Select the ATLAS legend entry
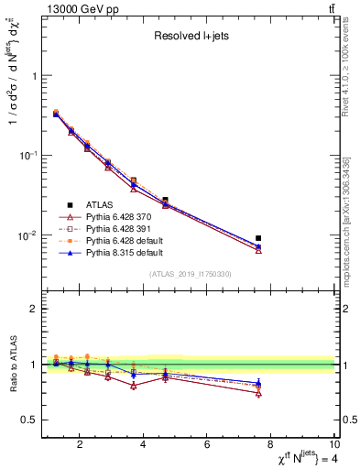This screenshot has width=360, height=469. click(x=98, y=203)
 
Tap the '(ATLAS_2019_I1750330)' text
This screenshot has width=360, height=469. click(x=191, y=274)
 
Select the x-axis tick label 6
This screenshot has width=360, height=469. click(x=208, y=446)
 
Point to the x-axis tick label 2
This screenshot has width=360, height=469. click(x=81, y=446)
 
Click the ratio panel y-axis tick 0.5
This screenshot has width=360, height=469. click(x=30, y=420)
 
